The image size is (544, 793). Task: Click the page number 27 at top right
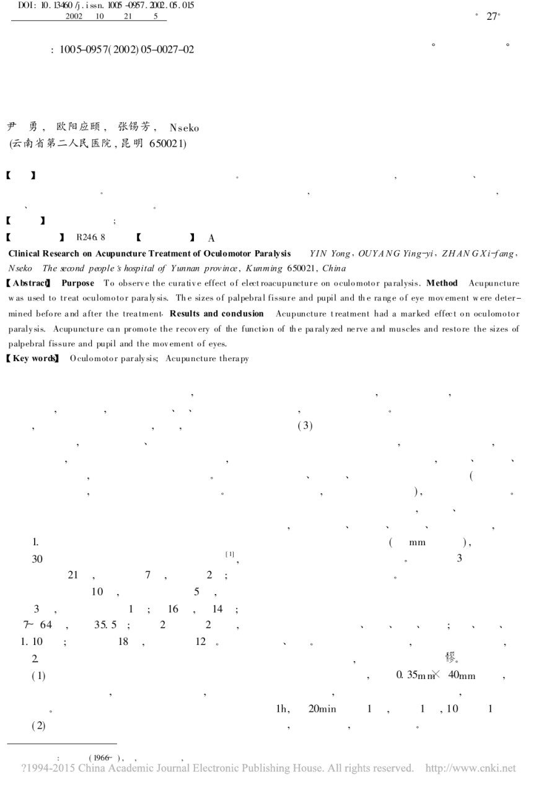point(493,17)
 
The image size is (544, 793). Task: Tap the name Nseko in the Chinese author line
point(184,128)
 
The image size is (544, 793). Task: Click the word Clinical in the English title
point(25,254)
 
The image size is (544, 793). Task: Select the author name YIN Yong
point(330,254)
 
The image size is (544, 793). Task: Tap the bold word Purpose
point(78,283)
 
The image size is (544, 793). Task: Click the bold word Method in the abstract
point(443,283)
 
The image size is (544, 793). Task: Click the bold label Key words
point(32,359)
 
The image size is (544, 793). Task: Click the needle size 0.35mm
point(412,675)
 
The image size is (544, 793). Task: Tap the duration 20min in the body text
point(322,709)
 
